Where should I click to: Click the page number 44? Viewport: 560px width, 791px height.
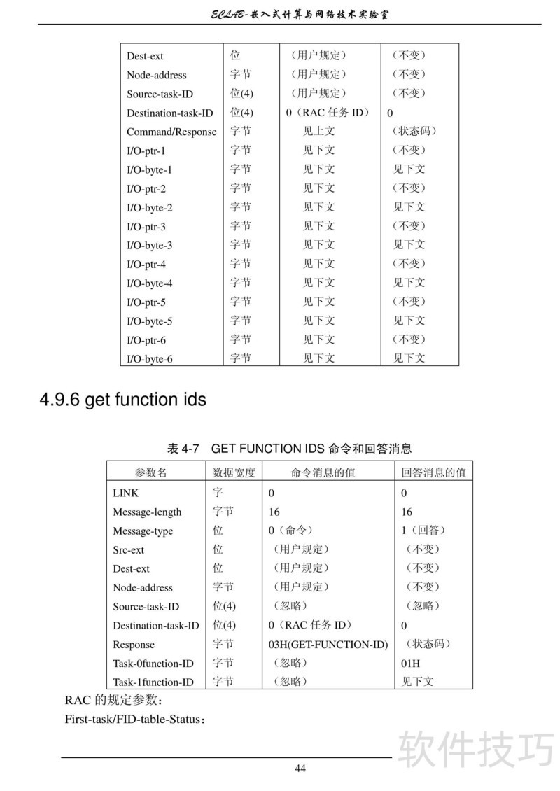pos(300,769)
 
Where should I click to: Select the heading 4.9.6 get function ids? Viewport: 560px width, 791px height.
pos(122,400)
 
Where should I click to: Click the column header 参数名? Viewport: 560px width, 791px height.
pos(150,472)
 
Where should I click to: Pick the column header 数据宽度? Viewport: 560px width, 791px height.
pos(234,472)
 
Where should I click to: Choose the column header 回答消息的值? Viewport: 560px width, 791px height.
pos(433,472)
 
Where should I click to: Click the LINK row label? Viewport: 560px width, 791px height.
pos(126,493)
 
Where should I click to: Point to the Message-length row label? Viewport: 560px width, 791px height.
pos(147,512)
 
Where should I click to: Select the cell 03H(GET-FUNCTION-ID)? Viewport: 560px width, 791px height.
pos(328,645)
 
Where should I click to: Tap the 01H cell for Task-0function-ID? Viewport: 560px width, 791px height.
pos(410,664)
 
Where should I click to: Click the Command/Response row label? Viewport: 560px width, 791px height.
pos(171,132)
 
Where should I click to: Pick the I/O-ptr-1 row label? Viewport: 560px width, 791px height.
pos(146,150)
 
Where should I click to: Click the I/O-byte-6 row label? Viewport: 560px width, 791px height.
pos(149,359)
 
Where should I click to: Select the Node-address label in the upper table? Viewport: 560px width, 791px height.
pos(157,75)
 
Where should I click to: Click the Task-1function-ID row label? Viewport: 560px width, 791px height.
pos(153,682)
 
